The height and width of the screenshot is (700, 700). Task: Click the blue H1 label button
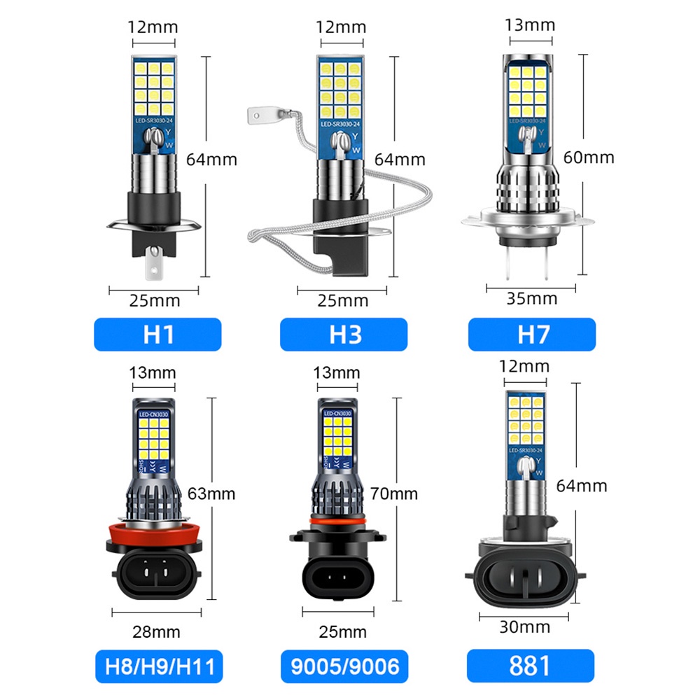157,335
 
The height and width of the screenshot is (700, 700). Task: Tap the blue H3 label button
343,335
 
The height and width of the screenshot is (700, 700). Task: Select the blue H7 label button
531,335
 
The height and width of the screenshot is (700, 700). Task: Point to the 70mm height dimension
395,493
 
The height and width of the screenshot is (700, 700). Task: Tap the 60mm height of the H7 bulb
589,157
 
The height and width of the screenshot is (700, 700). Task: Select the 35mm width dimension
531,299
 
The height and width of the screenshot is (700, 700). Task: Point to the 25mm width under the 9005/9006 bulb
343,632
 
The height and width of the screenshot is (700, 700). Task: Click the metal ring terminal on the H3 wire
263,112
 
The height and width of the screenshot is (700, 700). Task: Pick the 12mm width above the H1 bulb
153,27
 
